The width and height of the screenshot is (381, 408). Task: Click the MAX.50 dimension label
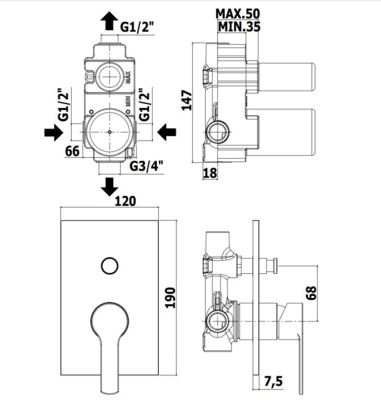click(237, 14)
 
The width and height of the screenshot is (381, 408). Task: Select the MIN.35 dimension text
click(239, 27)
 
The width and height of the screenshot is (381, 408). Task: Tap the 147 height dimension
click(186, 100)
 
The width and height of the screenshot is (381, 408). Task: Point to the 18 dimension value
click(210, 173)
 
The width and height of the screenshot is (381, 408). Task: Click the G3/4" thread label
click(147, 166)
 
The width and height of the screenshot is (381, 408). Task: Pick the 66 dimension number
click(72, 151)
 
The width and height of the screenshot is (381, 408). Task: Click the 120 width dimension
click(125, 201)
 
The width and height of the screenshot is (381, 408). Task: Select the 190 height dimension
click(171, 298)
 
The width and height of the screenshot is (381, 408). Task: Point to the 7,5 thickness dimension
click(273, 381)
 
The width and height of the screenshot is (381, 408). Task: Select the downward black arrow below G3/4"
click(109, 187)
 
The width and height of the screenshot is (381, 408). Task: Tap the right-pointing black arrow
click(54, 132)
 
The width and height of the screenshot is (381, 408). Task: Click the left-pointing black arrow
click(167, 132)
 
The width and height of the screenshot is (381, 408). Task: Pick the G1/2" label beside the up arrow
click(137, 27)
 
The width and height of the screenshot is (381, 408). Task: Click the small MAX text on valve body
click(128, 78)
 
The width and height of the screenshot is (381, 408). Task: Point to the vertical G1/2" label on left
click(64, 105)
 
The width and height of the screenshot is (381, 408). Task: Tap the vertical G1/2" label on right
click(145, 105)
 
